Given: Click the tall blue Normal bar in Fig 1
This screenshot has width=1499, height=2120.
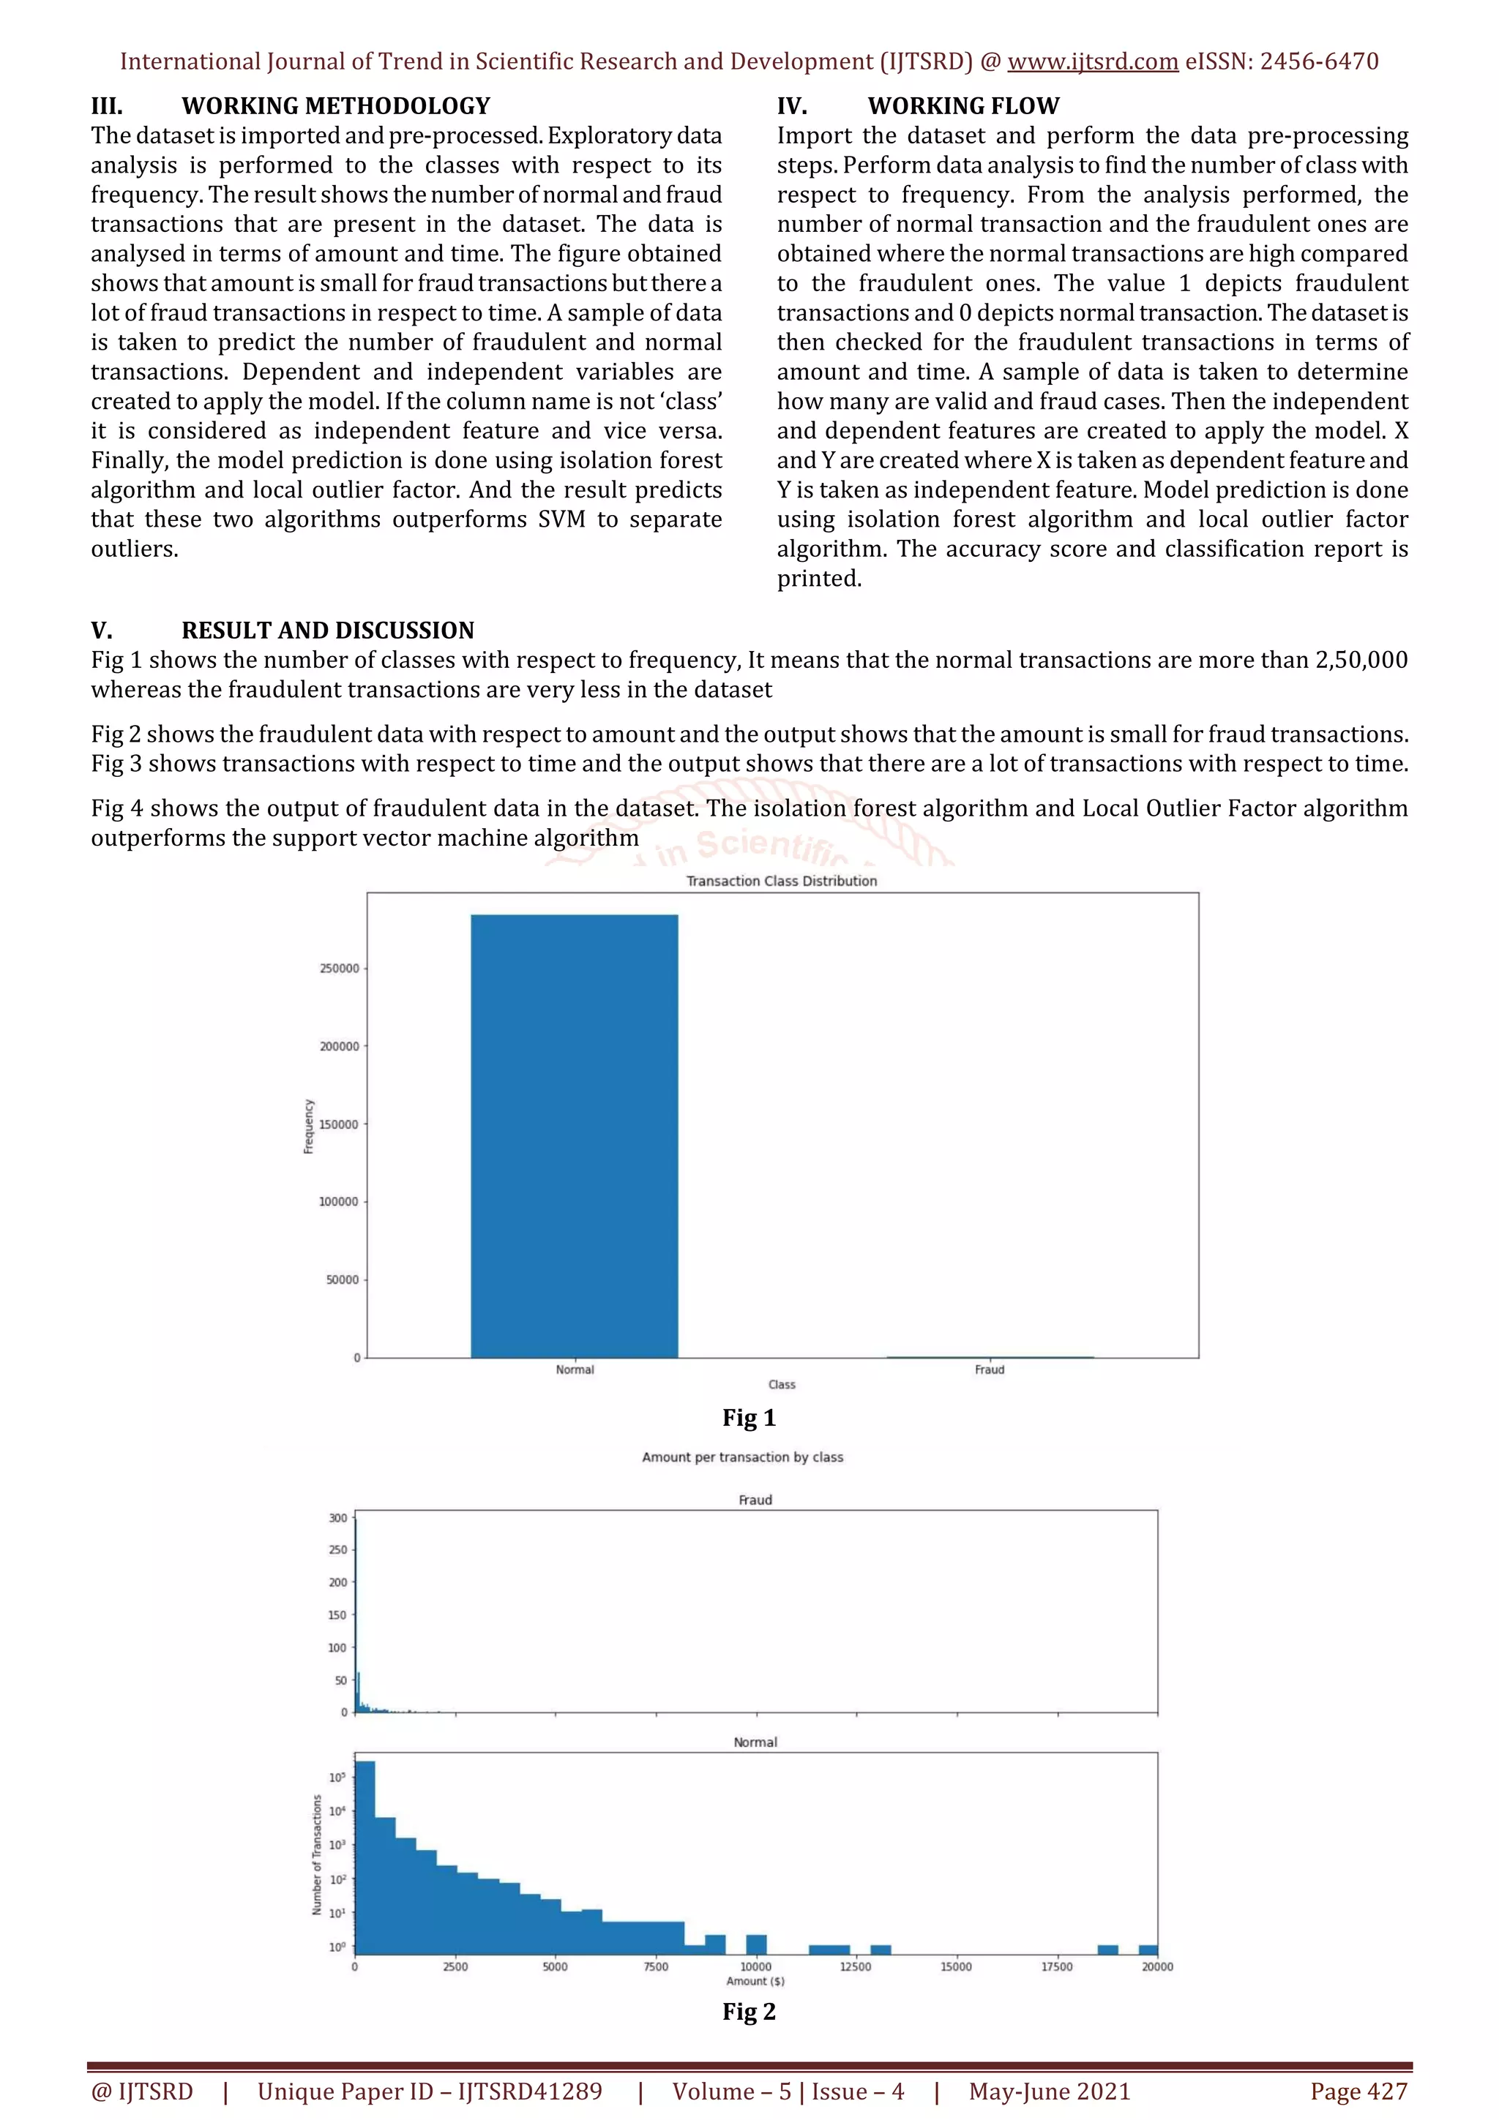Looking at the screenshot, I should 575,1135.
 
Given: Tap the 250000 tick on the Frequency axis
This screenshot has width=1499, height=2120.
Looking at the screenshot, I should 339,969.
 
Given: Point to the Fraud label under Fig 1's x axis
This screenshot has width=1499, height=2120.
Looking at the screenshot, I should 989,1369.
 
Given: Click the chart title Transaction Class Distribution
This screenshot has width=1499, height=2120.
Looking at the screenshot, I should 782,881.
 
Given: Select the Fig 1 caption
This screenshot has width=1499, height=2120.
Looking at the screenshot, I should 749,1417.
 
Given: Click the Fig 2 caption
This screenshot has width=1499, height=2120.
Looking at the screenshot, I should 749,2011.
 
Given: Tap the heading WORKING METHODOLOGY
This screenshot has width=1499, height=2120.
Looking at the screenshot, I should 335,106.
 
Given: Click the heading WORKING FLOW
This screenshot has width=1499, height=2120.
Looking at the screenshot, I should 963,106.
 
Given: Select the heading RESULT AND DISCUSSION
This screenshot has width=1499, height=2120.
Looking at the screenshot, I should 328,631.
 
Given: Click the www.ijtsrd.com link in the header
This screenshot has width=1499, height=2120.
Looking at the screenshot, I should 1093,62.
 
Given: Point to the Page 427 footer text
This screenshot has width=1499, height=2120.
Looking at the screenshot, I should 1358,2091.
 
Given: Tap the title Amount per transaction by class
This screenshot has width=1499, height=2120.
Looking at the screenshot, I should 743,1457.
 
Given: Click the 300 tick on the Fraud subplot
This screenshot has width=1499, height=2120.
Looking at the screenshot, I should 338,1518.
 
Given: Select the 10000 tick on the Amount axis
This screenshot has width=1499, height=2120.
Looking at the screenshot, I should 755,1966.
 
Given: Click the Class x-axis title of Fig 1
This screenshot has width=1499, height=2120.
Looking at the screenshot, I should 782,1385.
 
